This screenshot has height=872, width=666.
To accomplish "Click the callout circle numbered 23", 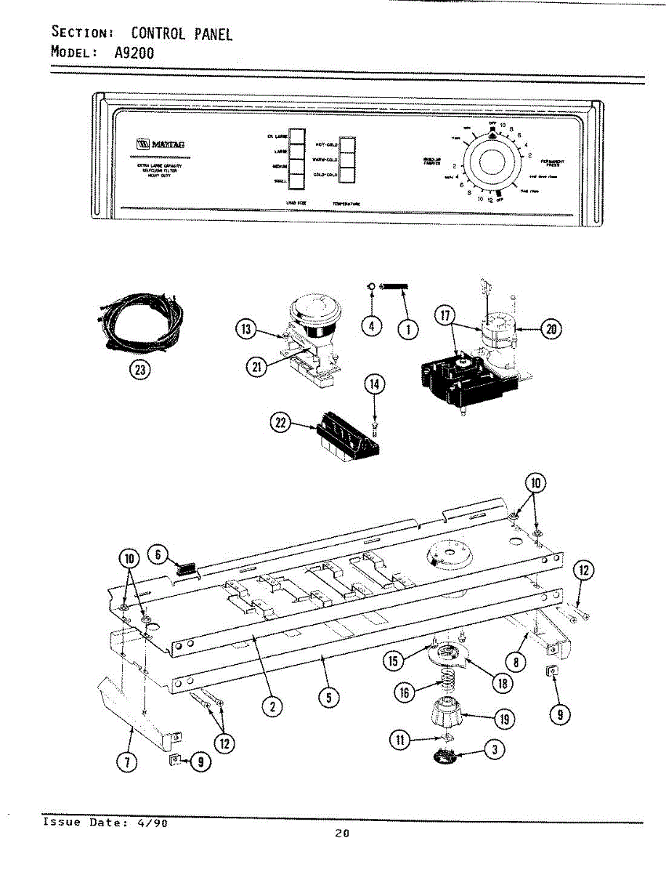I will click(x=136, y=369).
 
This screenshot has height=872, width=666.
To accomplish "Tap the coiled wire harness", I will click(x=140, y=318).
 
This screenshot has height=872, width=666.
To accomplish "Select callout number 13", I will click(x=247, y=330).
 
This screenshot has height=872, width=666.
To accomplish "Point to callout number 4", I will click(x=372, y=326).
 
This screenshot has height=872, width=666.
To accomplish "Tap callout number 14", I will click(x=374, y=385).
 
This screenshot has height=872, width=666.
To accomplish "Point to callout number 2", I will click(x=270, y=706).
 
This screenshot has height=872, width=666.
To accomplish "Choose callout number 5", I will click(x=328, y=698).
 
